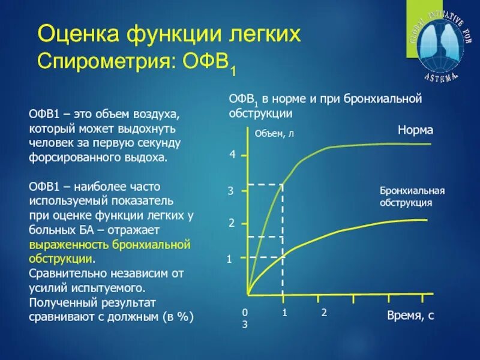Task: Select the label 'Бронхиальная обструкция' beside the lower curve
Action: (412, 196)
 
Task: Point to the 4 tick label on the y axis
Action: (232, 155)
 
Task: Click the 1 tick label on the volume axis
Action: (229, 259)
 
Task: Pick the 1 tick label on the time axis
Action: (285, 313)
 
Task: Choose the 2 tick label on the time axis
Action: (324, 313)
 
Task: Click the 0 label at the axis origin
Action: (244, 313)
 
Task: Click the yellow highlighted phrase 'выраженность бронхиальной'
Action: (110, 245)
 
